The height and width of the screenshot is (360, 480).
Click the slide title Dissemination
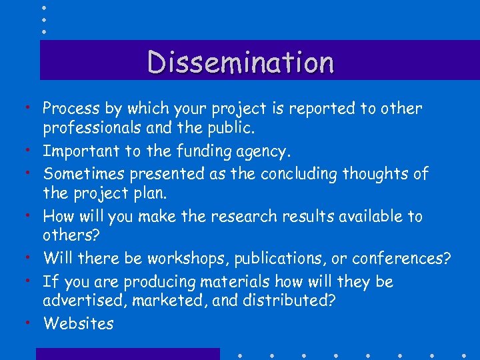click(241, 62)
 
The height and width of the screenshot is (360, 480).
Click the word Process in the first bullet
click(70, 109)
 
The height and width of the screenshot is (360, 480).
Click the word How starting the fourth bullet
click(58, 217)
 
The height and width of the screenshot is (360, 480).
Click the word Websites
click(78, 324)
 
